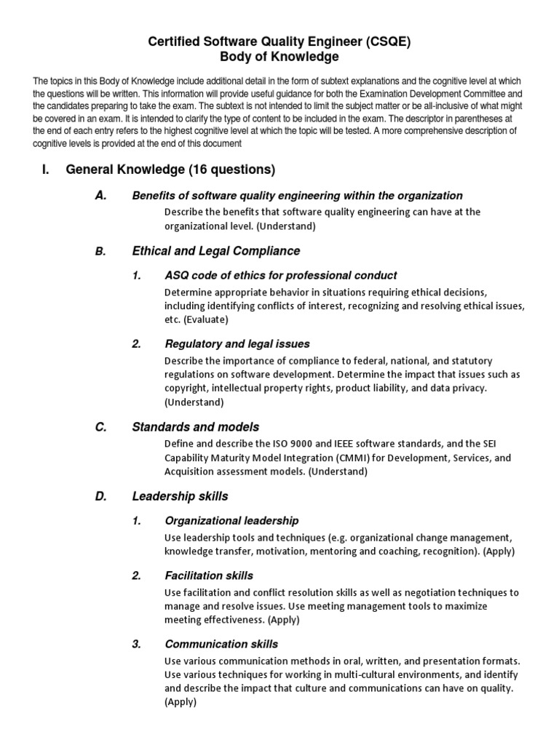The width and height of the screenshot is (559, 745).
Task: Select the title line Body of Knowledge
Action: click(x=280, y=57)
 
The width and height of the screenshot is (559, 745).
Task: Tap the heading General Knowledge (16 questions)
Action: click(x=170, y=170)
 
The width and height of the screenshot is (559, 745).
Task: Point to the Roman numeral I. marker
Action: click(x=46, y=170)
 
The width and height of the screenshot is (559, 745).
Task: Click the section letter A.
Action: click(x=101, y=196)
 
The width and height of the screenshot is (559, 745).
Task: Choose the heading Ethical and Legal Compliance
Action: click(x=215, y=251)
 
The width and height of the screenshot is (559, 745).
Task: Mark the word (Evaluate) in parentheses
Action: click(x=207, y=319)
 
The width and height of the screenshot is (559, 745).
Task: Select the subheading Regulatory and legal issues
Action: click(x=237, y=343)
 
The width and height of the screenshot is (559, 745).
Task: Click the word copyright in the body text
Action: click(x=189, y=389)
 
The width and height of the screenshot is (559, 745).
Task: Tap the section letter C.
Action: click(x=101, y=427)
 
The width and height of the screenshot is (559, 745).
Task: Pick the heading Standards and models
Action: click(x=195, y=427)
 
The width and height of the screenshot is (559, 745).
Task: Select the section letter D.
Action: click(x=101, y=496)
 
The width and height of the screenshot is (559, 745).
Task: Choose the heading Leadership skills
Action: click(x=180, y=496)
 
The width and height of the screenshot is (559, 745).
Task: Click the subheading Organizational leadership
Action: click(x=231, y=521)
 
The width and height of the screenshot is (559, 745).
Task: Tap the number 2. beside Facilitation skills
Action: click(x=136, y=575)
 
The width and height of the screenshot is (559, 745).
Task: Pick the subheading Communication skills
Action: click(x=221, y=644)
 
